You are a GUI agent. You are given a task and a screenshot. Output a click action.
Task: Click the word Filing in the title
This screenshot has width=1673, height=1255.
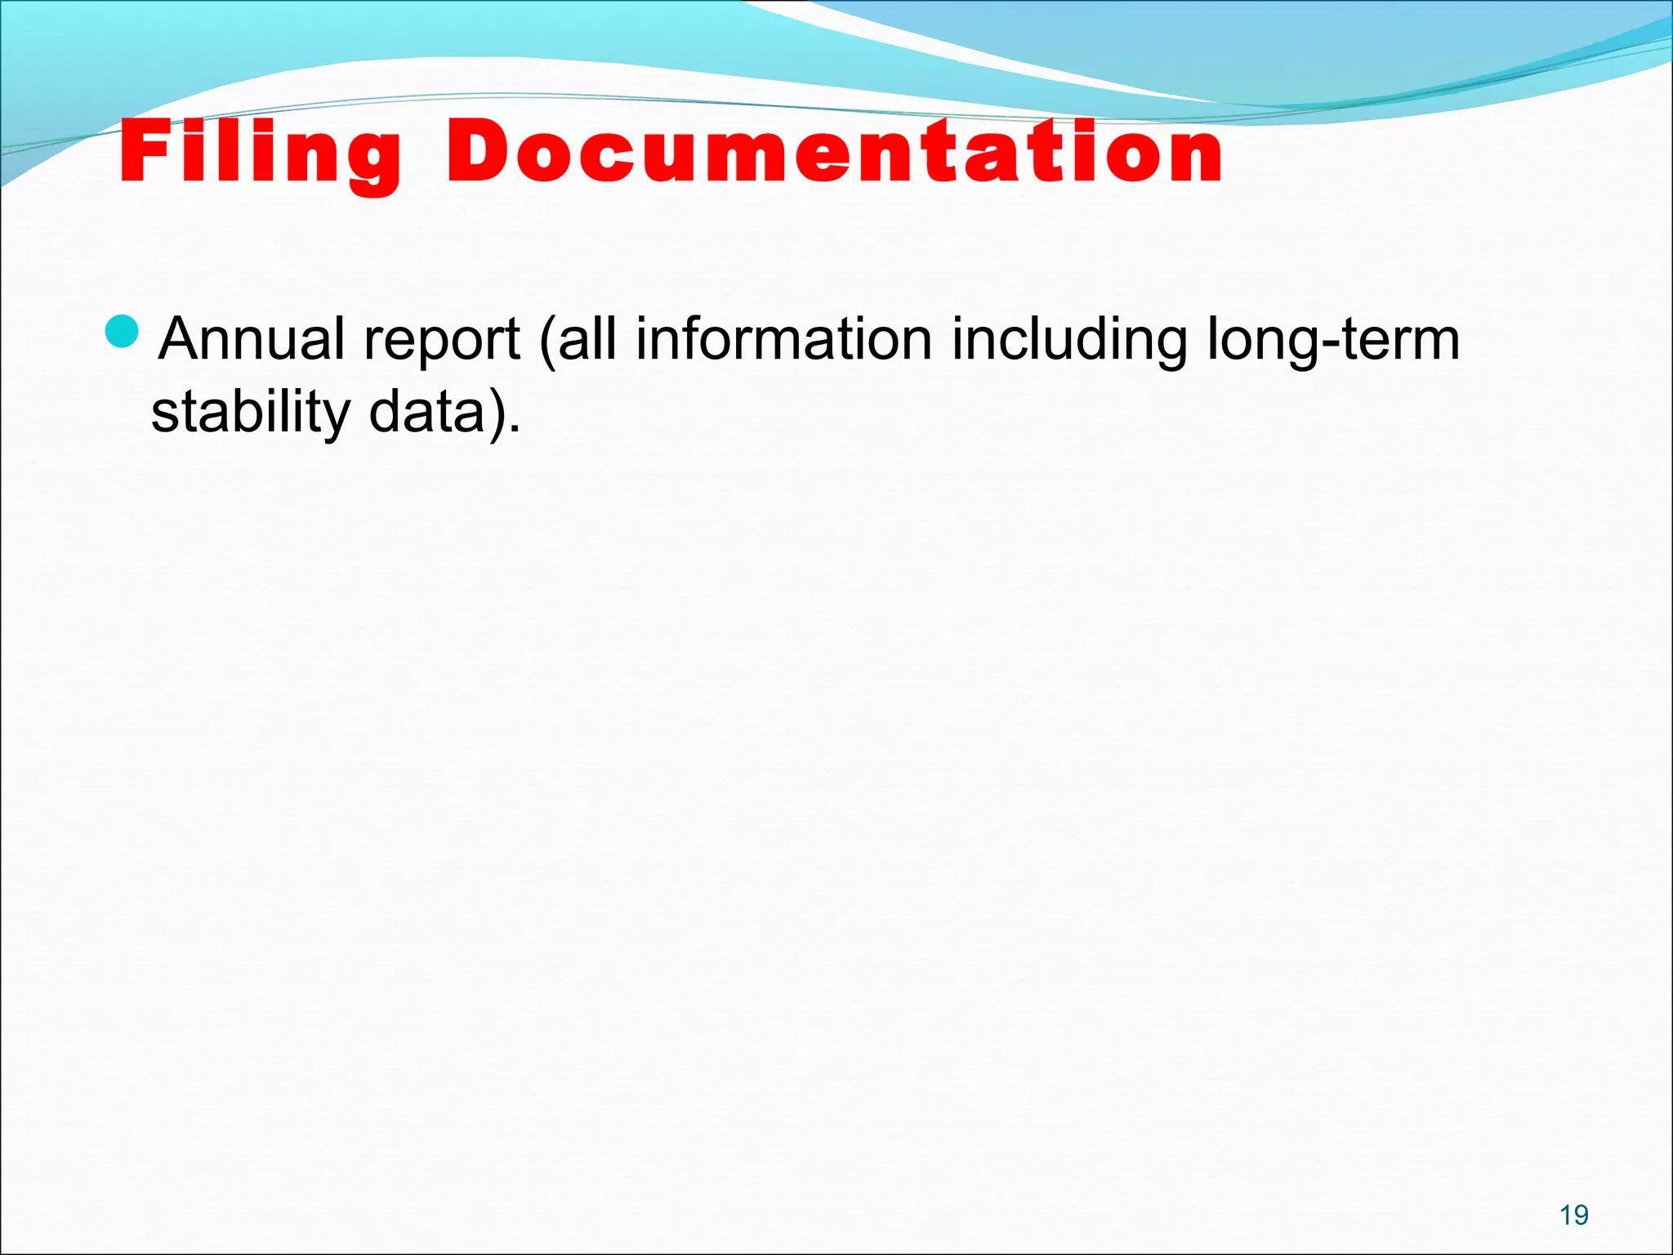point(260,153)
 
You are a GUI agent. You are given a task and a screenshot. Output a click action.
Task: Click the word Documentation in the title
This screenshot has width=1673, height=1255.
point(834,151)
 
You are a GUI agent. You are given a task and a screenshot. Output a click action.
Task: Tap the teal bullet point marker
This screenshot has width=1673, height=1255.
point(124,330)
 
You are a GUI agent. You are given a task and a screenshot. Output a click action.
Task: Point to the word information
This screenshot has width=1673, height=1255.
point(783,339)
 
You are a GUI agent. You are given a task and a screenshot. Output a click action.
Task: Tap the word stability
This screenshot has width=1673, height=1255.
point(250,413)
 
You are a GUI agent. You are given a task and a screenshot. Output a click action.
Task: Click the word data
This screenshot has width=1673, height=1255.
point(426,412)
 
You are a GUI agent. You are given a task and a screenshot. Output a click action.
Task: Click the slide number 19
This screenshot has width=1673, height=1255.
point(1573,1215)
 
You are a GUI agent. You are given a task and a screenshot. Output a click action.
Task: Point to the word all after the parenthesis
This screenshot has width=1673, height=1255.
point(587,339)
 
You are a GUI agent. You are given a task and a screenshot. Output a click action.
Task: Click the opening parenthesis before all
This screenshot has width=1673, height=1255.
point(547,342)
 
